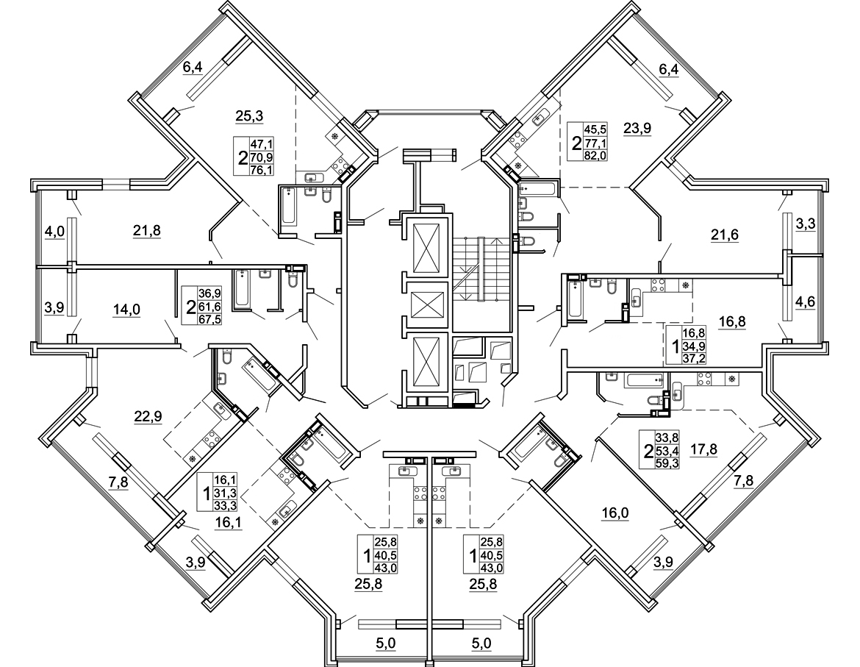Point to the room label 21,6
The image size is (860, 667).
coord(724,235)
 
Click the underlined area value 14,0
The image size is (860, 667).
coord(126,309)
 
